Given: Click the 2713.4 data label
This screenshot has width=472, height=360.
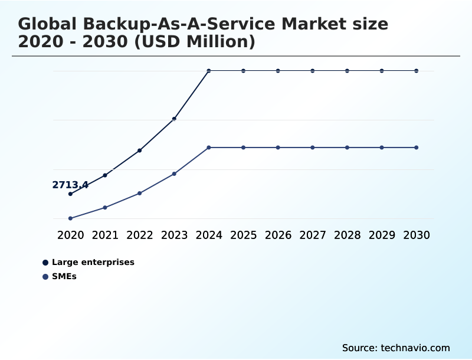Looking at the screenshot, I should (70, 185).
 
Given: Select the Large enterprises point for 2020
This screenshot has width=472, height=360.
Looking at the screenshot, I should (70, 194).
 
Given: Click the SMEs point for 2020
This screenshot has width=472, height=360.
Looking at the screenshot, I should (70, 218).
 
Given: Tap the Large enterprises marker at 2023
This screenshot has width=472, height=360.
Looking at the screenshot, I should (174, 119).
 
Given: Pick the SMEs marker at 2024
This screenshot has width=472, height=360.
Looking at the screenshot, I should (209, 147).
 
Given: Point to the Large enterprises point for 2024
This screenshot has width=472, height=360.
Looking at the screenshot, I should (209, 71).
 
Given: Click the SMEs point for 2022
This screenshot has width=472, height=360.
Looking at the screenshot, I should (140, 193).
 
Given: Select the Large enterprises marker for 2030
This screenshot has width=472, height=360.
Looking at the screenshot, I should (417, 71).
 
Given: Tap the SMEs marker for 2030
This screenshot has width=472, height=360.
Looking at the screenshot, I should (417, 147).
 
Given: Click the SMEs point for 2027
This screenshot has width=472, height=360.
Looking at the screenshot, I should (313, 147).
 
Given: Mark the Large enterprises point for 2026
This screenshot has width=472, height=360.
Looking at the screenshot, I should (278, 71).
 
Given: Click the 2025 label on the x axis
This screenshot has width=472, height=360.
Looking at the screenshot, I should (243, 235).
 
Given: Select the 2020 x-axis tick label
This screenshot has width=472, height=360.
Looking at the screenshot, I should (70, 235).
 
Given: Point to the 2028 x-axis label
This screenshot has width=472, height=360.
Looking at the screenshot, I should (347, 235).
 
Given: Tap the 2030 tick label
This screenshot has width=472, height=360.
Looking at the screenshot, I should (417, 235).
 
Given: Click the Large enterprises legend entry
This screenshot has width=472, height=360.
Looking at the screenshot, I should (93, 263).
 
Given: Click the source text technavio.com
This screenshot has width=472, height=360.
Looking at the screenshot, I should (415, 348).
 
